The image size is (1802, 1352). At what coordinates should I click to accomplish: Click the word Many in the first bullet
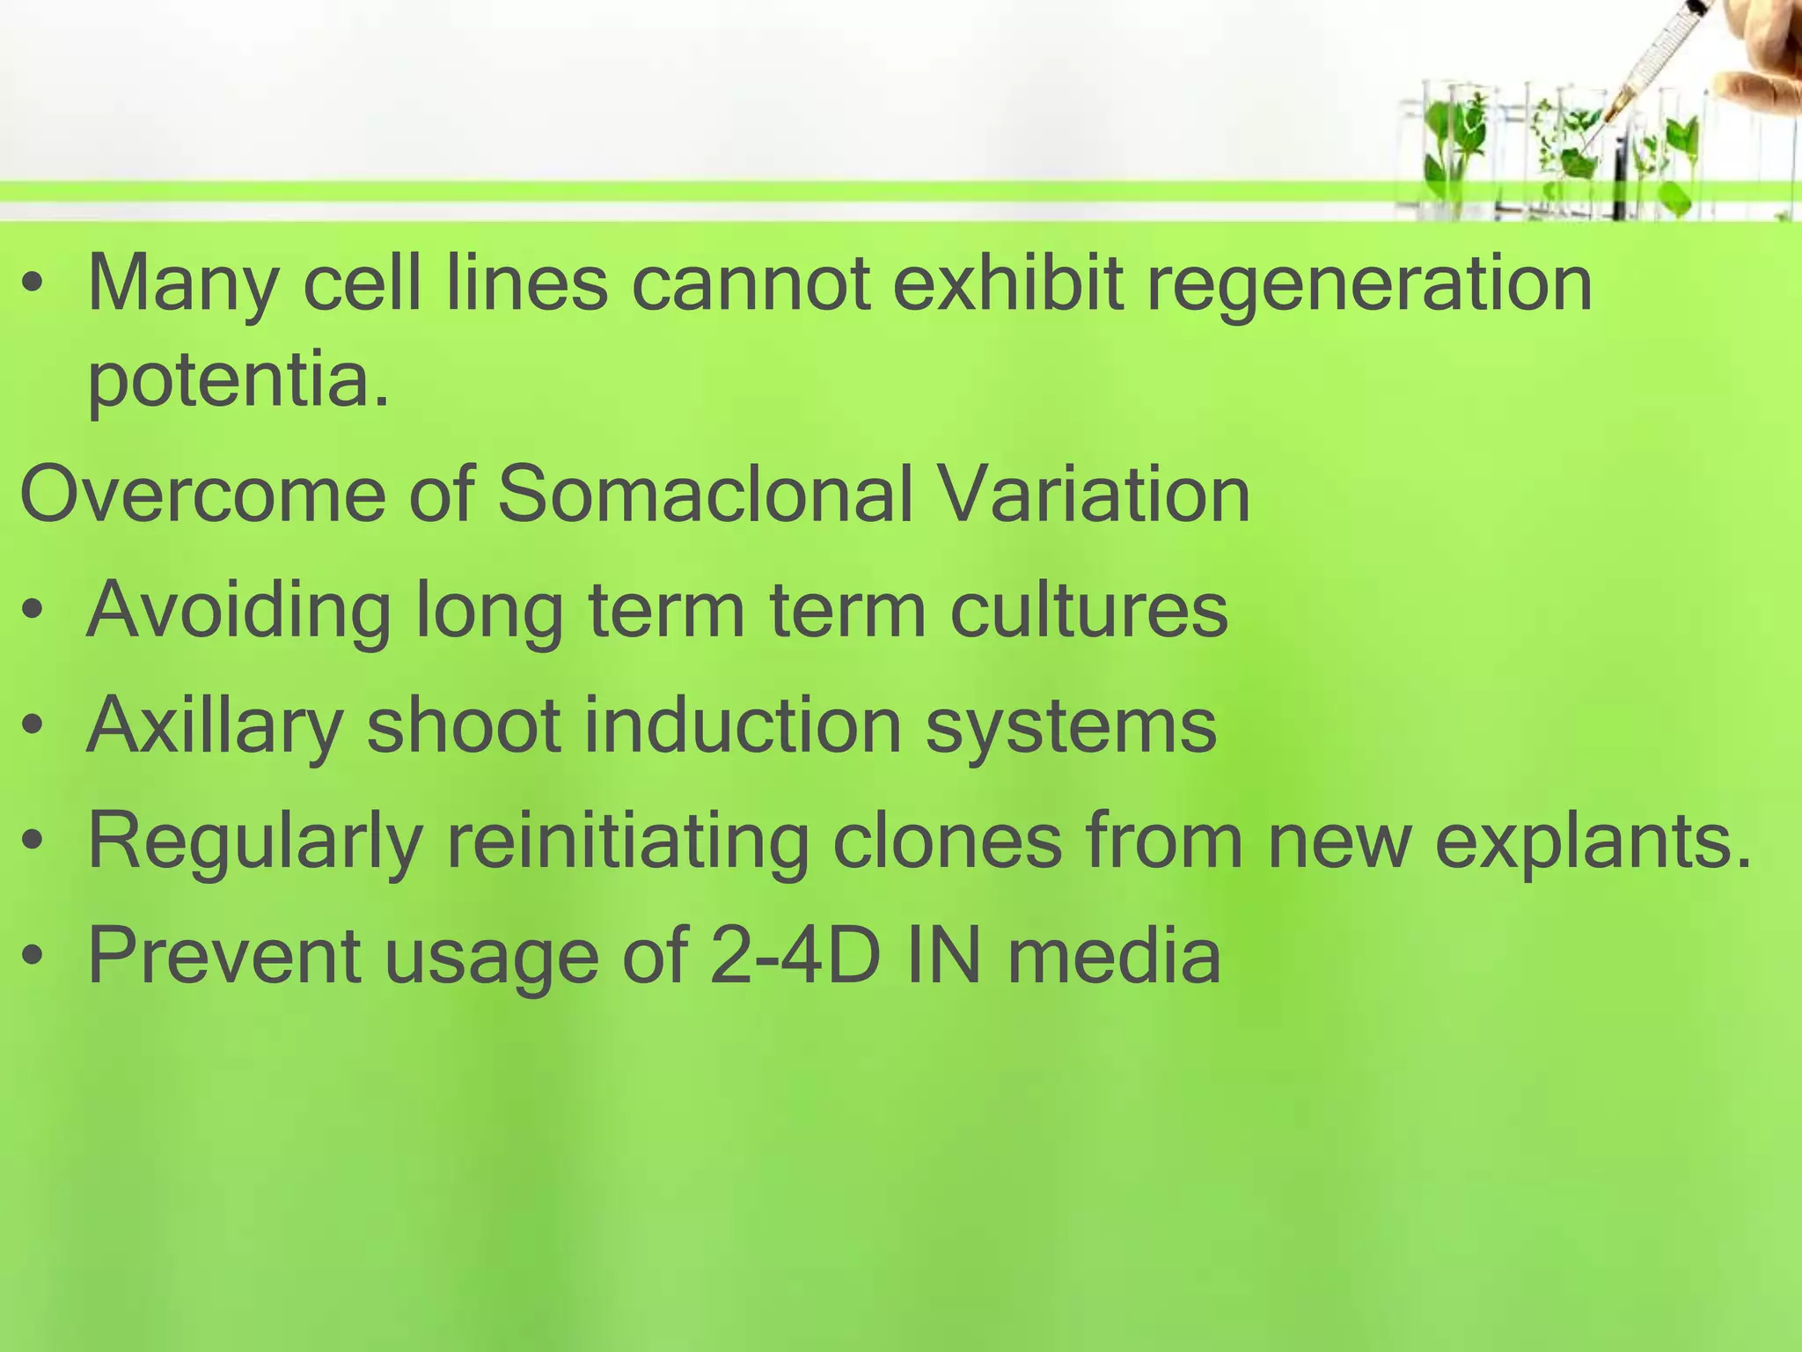click(x=182, y=286)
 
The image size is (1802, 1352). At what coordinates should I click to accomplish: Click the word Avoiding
click(x=238, y=611)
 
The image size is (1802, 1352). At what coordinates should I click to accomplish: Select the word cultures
click(x=1089, y=611)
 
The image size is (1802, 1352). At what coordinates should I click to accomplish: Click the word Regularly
click(x=255, y=842)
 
